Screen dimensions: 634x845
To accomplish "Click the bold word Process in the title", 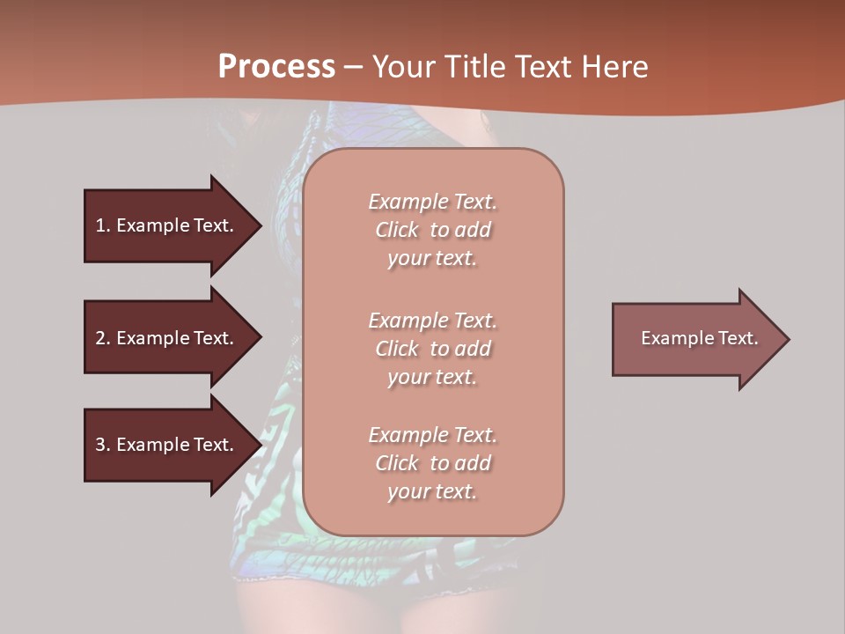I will click(x=276, y=67).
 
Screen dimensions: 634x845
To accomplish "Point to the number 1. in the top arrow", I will click(x=103, y=225).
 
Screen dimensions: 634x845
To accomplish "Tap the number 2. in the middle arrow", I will click(x=103, y=338).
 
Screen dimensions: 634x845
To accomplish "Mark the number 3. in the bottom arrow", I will click(x=103, y=445).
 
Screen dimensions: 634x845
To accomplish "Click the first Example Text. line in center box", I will click(x=432, y=202).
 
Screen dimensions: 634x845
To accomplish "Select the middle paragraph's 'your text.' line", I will click(x=432, y=377).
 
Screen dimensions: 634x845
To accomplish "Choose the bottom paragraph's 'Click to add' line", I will click(x=432, y=463).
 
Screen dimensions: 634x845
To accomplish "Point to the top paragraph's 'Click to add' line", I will click(x=432, y=230).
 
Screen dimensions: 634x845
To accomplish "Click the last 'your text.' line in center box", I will click(x=432, y=491).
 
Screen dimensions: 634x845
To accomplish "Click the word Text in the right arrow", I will click(x=738, y=338).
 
